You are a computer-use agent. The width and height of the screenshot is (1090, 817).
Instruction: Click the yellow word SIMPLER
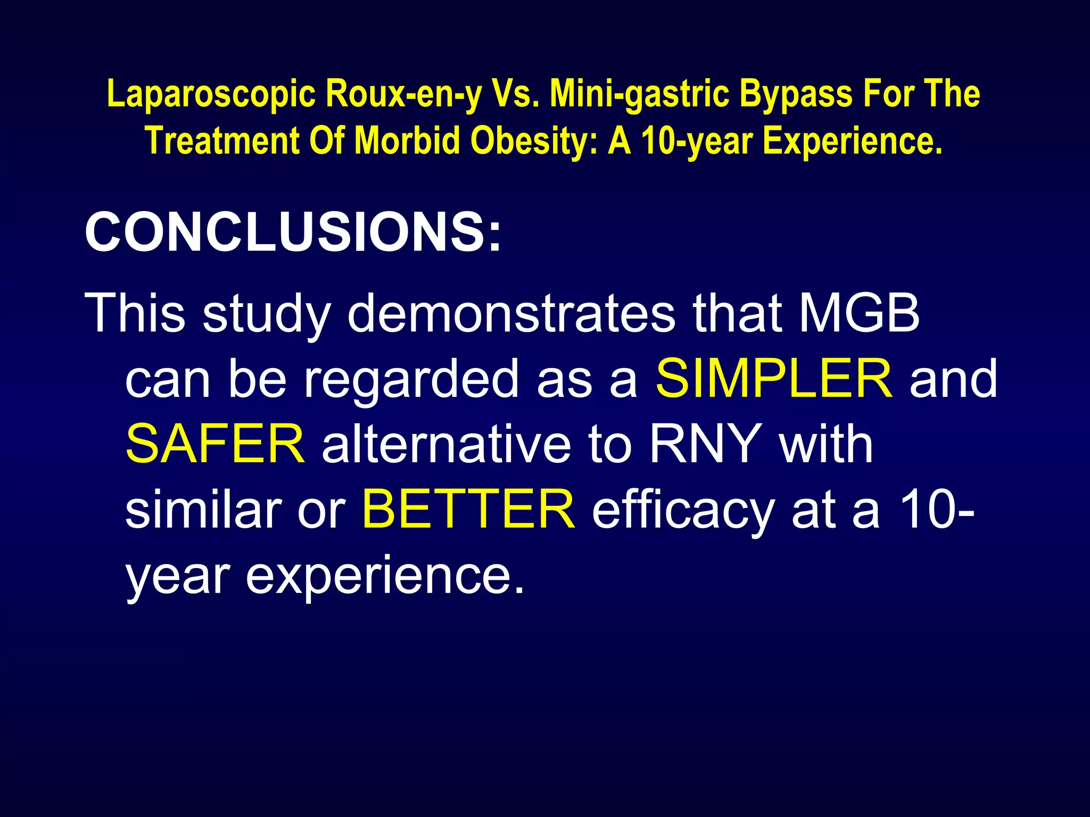(774, 379)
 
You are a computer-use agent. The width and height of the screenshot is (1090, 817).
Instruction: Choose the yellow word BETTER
(468, 510)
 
